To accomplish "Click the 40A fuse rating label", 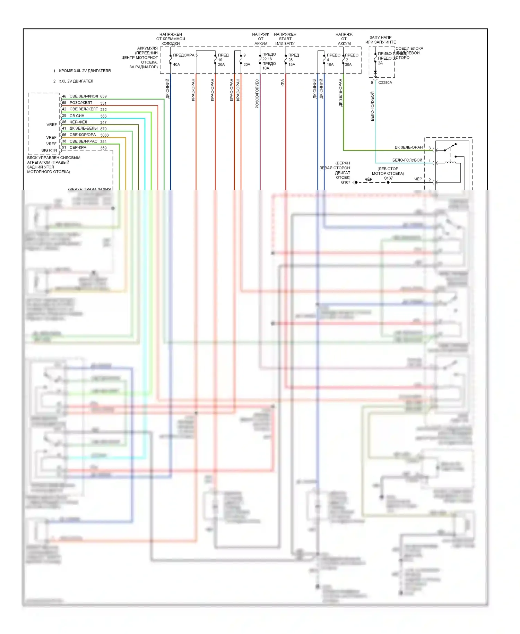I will tap(176, 65).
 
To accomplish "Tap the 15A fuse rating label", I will tap(292, 65).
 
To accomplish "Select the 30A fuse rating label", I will tap(348, 65).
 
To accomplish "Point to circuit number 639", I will tap(103, 96).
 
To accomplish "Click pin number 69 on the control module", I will tap(64, 103).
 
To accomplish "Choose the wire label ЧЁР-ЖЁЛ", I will tap(78, 122).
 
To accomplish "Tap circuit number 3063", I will tap(104, 135).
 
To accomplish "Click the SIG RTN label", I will tap(49, 151).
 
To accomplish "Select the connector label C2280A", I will tap(385, 83).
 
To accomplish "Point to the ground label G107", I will tap(346, 182).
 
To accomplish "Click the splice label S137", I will tap(388, 178).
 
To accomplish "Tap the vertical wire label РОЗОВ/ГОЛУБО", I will tap(257, 94).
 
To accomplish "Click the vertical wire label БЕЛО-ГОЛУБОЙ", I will tap(373, 106).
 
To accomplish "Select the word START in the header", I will tap(285, 39).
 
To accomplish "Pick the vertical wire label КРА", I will tap(283, 83).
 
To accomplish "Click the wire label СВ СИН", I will tap(77, 116).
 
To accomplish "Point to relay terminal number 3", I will tap(430, 148).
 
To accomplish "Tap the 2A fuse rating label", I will tap(380, 63).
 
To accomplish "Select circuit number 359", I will tap(103, 148).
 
